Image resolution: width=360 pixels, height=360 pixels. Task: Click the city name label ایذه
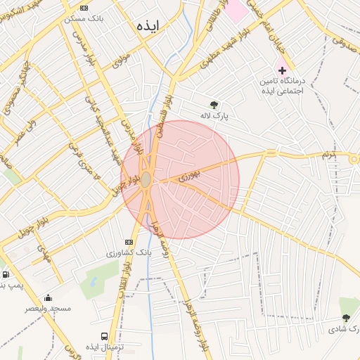(149, 25)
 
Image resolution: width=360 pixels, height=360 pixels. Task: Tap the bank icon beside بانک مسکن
(84, 8)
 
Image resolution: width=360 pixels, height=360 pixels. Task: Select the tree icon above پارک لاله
(214, 103)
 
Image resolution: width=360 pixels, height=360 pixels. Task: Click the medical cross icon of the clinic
(283, 71)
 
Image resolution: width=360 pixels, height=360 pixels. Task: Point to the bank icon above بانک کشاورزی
(128, 241)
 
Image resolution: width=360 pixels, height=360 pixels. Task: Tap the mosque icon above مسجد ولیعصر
(48, 297)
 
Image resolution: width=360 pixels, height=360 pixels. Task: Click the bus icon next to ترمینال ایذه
(105, 337)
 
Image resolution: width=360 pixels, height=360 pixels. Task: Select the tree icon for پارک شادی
(345, 302)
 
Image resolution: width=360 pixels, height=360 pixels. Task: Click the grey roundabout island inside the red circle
(146, 180)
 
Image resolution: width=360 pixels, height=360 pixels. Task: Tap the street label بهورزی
(190, 173)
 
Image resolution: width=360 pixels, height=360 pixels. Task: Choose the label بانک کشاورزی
(129, 252)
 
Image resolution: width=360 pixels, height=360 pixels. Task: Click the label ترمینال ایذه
(105, 348)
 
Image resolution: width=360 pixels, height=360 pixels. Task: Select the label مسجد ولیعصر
(48, 308)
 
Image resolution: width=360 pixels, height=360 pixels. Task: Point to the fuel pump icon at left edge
(6, 275)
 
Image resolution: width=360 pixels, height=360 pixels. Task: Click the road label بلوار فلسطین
(163, 112)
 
